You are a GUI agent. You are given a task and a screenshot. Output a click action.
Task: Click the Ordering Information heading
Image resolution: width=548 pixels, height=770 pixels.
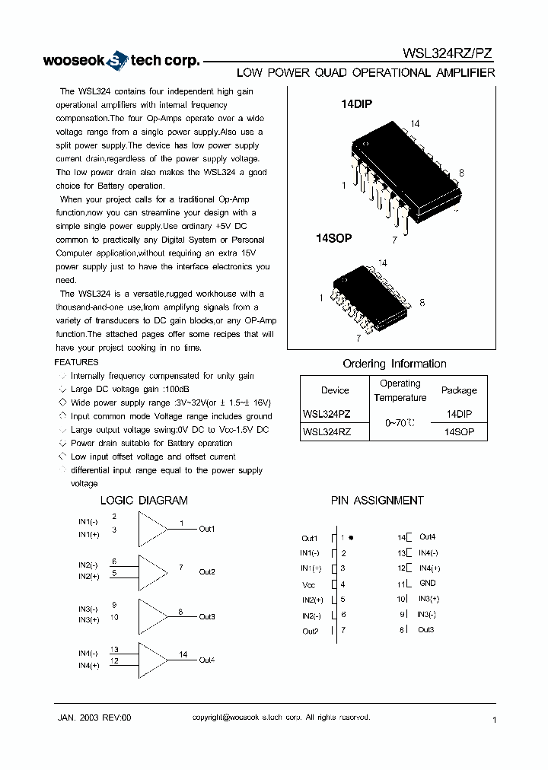pos(394,364)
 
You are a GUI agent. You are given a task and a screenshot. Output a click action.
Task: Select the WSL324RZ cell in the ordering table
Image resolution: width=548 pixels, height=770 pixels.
pos(327,431)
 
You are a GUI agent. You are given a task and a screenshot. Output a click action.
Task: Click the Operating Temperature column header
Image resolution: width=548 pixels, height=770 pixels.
pos(400,390)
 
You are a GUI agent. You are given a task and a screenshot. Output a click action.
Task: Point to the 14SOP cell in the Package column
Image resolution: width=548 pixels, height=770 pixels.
pos(459,431)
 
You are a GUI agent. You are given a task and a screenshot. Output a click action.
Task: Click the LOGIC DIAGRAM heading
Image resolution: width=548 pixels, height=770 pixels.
pos(144,500)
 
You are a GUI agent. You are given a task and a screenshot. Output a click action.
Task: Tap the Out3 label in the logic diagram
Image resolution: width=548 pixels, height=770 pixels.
pos(207,616)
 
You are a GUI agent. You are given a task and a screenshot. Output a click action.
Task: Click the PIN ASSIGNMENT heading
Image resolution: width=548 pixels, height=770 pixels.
pos(377,500)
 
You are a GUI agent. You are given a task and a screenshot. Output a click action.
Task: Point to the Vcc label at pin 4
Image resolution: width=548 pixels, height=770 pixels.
pos(308,585)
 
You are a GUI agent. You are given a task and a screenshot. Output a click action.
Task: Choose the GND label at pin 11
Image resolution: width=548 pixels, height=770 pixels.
pos(427,584)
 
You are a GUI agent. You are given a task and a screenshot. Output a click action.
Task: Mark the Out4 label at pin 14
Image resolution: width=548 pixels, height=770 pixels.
pos(427,537)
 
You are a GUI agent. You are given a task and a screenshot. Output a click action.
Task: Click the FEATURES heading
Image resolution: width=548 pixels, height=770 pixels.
pos(77,362)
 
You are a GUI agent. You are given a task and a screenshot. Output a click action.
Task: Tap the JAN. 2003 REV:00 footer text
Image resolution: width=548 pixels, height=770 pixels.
pos(95,717)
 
